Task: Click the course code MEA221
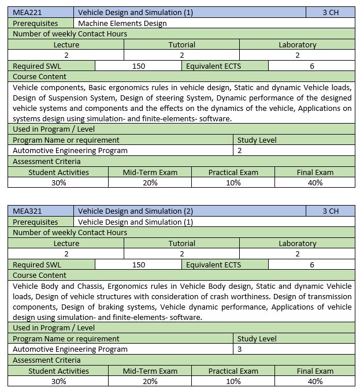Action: pos(28,12)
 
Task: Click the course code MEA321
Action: pos(28,211)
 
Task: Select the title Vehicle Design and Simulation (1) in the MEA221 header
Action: pos(135,12)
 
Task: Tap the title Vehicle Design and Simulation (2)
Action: pos(135,211)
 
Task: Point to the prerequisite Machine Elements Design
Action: pos(122,23)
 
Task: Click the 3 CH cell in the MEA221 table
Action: pos(331,12)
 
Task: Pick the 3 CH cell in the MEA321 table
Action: pos(331,211)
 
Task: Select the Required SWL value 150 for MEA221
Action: pos(139,66)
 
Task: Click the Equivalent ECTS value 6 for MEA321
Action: pos(312,265)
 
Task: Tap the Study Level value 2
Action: pos(240,150)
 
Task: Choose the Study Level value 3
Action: pos(240,349)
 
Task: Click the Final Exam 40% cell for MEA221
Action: pos(315,183)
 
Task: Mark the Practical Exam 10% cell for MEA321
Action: pos(233,381)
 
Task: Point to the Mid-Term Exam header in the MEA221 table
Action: pos(150,172)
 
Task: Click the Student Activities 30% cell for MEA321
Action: pos(58,381)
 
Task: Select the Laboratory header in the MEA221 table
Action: pos(298,44)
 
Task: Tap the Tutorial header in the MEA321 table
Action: pos(182,243)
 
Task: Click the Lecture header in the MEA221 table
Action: pos(66,44)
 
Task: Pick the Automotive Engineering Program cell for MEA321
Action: pos(70,349)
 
